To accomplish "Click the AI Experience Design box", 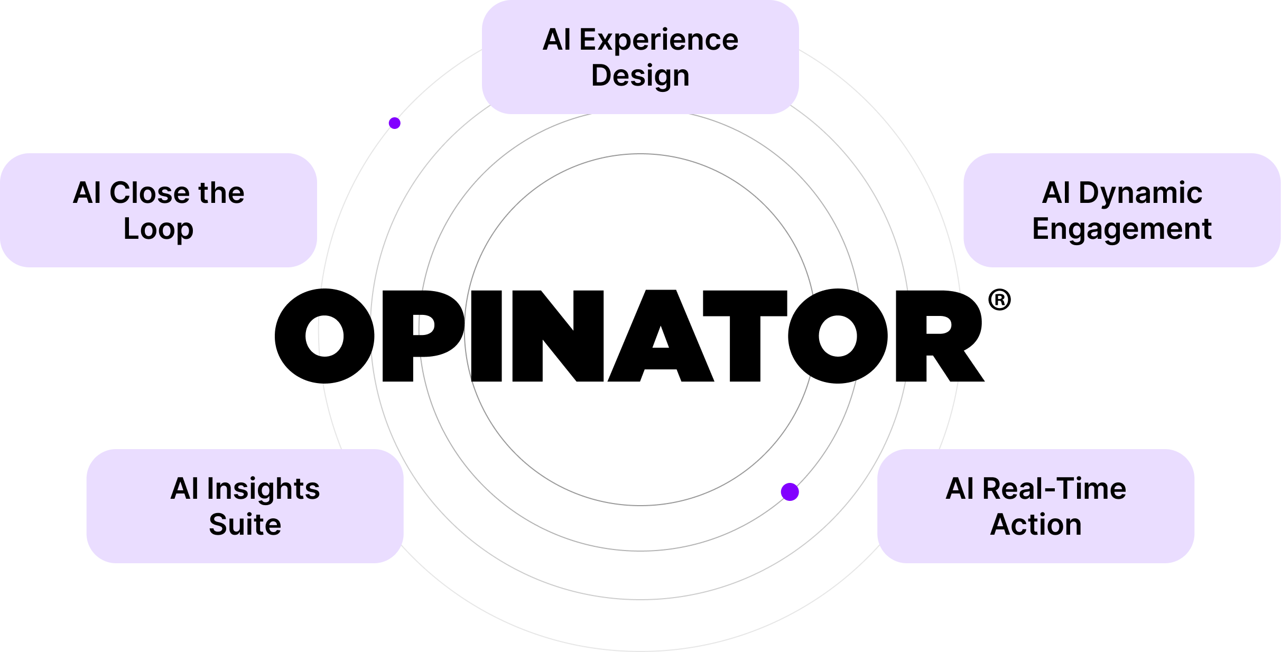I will point(640,57).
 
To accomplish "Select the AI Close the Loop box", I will point(158,210).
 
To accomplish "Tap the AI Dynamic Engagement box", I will point(1121,210).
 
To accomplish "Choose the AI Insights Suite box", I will point(245,506).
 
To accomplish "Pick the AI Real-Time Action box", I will point(1035,506).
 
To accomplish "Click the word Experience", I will point(658,40).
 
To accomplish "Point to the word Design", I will point(640,76).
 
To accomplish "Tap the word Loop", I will point(158,229).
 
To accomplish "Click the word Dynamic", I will point(1140,193).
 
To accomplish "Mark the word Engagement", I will point(1121,229).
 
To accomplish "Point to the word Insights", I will point(263,489).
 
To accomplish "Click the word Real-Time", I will point(1054,489).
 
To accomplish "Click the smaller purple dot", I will point(394,123).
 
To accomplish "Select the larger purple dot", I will point(790,492).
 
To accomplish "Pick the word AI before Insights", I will point(184,489).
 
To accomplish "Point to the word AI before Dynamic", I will point(1056,193).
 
